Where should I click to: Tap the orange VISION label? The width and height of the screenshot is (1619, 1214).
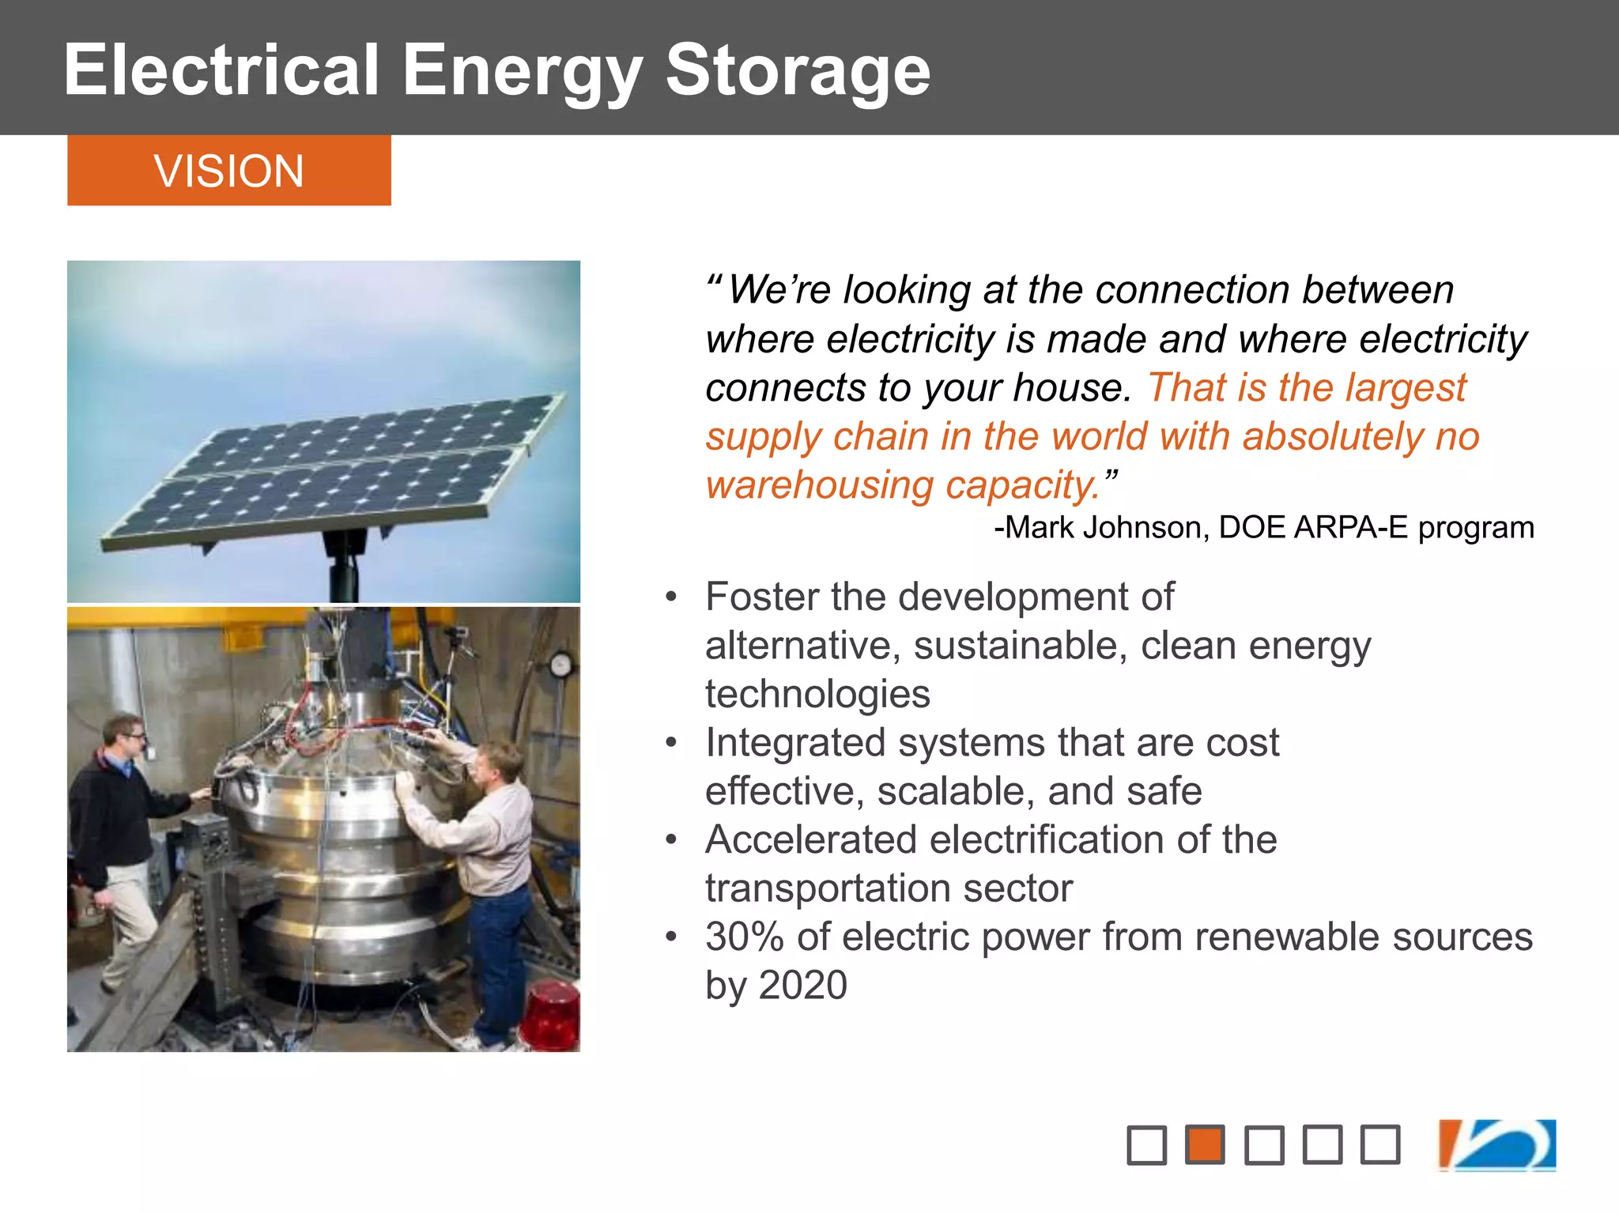[228, 171]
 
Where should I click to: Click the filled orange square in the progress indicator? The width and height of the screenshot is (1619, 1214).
[1205, 1144]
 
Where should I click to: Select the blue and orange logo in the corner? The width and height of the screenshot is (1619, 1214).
[1497, 1144]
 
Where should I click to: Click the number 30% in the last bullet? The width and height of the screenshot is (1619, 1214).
[744, 937]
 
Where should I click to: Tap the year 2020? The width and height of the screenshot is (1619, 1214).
[802, 986]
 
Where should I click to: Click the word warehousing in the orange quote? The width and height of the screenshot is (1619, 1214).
[819, 485]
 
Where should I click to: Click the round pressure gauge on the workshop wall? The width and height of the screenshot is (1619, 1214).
[560, 665]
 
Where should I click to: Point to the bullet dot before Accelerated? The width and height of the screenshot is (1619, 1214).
[671, 839]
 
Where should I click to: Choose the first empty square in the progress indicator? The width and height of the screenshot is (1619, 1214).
[1146, 1144]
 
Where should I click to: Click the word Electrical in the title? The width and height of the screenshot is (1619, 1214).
[222, 71]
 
